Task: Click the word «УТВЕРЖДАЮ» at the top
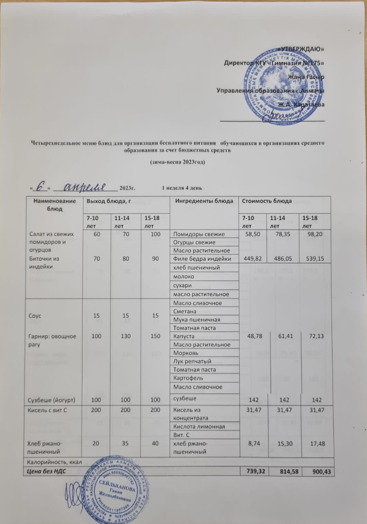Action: (x=301, y=49)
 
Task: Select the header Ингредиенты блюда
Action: (x=204, y=201)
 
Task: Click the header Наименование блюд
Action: (x=54, y=205)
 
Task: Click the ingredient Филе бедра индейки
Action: (x=202, y=259)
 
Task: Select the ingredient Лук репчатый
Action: (x=192, y=361)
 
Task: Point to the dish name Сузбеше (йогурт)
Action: (x=52, y=400)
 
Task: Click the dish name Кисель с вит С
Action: (x=48, y=410)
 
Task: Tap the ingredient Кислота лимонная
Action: (x=199, y=427)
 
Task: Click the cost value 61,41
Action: (x=285, y=336)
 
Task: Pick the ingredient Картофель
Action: (x=188, y=378)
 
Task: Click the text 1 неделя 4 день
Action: (x=182, y=188)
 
